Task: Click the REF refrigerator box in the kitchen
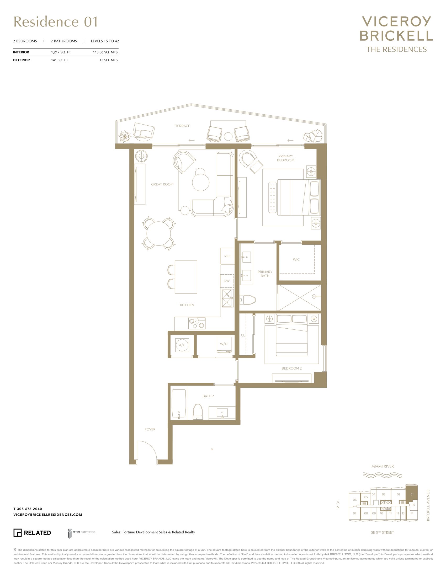227,256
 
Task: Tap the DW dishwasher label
227,281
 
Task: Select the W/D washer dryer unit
224,345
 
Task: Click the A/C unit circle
182,345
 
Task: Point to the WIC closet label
296,259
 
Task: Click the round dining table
158,233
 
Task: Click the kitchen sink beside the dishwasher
228,298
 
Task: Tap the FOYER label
150,429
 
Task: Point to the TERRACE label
183,126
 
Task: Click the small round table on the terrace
228,137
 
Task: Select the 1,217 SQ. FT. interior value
61,52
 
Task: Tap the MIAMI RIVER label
382,466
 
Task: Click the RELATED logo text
38,533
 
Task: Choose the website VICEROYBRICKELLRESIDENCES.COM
48,515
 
